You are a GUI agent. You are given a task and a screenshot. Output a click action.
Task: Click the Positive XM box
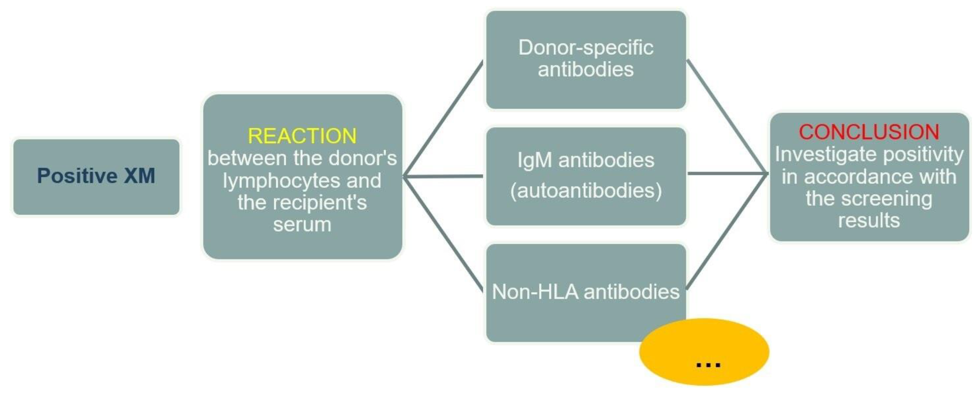coord(96,177)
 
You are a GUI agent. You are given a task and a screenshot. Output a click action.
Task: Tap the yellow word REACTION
coord(302,136)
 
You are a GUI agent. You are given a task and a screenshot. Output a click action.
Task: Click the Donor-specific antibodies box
coord(586,60)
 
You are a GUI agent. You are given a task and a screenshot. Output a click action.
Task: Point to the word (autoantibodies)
coord(586,190)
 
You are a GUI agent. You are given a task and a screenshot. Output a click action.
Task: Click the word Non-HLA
coord(535,292)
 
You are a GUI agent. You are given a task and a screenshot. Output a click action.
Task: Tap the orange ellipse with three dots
coord(704,352)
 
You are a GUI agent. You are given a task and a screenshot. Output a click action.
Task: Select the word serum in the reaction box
coord(302,225)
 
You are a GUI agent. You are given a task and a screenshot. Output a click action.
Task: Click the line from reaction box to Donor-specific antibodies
coord(443,118)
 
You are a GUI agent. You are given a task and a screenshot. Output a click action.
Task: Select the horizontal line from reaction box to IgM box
coord(443,176)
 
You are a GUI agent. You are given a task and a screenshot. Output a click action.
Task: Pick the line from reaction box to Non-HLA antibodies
coord(443,234)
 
